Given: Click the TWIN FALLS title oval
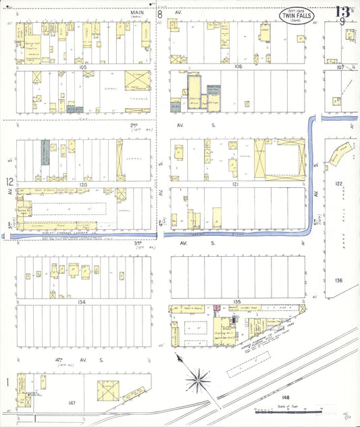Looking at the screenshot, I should (x=296, y=16).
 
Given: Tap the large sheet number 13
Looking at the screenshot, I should (x=342, y=10).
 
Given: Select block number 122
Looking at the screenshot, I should (x=339, y=184).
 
